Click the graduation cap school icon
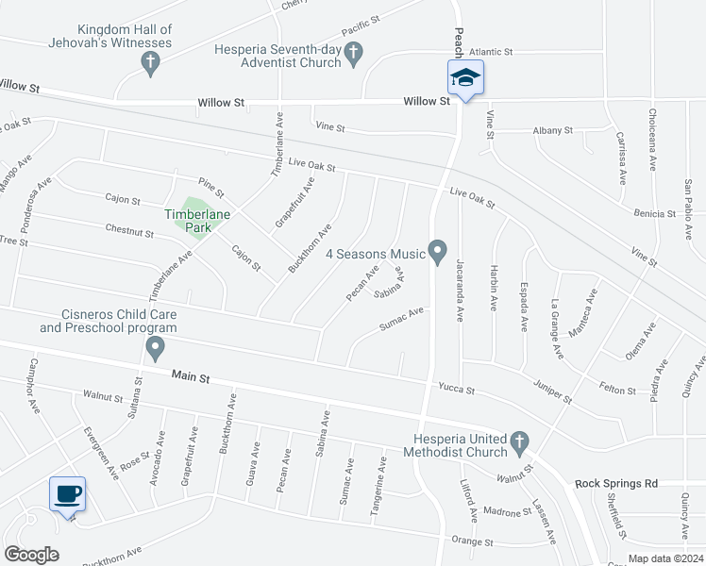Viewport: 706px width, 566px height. click(x=464, y=77)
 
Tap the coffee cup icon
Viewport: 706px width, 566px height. click(x=67, y=492)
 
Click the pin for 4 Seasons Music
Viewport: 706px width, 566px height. click(x=437, y=251)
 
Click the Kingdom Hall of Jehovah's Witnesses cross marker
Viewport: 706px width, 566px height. click(x=149, y=63)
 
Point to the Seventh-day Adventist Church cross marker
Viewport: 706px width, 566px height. click(x=354, y=54)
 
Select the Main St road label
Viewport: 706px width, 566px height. click(x=190, y=375)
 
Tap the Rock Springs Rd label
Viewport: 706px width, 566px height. click(x=616, y=483)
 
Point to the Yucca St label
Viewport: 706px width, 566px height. click(x=456, y=389)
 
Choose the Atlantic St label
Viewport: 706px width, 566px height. click(x=490, y=52)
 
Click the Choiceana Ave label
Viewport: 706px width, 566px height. click(x=651, y=139)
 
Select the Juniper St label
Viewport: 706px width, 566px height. click(x=553, y=392)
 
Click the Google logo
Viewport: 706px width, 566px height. click(x=32, y=554)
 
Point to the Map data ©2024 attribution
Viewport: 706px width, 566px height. click(x=664, y=558)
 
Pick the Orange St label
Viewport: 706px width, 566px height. click(x=473, y=542)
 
